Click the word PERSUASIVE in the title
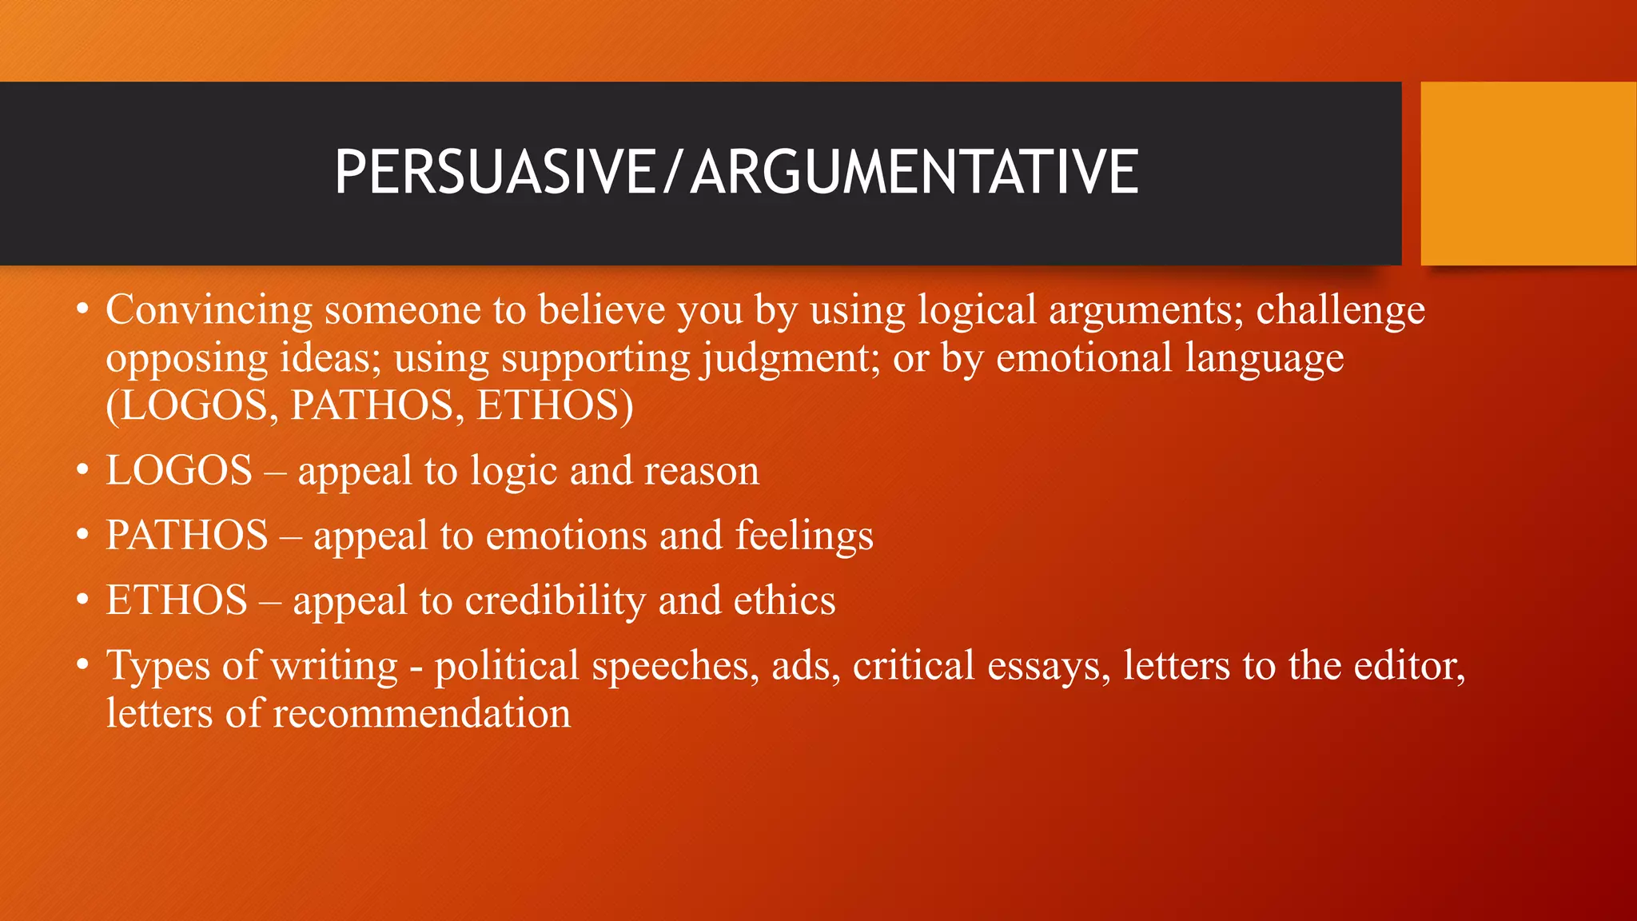[x=494, y=172]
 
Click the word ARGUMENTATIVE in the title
[x=914, y=172]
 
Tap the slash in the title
[x=673, y=172]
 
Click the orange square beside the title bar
[x=1527, y=173]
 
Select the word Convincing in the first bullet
[x=209, y=310]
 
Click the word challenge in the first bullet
[x=1340, y=310]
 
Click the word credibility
[x=555, y=600]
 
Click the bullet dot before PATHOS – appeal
[x=82, y=535]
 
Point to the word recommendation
[x=421, y=714]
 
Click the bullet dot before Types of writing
[x=82, y=665]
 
